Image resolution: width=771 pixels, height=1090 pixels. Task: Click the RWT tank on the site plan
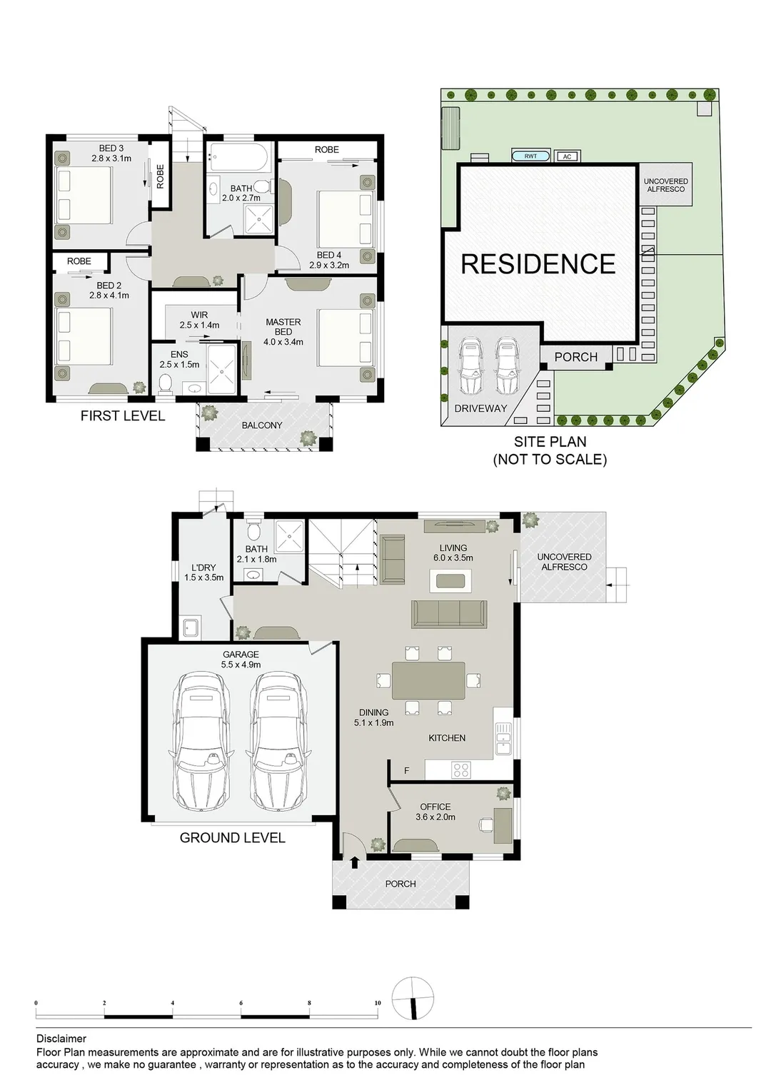pyautogui.click(x=530, y=156)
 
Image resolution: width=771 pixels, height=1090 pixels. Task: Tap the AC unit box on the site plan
pyautogui.click(x=567, y=156)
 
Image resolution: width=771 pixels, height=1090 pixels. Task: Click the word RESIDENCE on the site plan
pyautogui.click(x=538, y=264)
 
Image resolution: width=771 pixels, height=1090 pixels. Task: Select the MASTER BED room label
pyautogui.click(x=283, y=327)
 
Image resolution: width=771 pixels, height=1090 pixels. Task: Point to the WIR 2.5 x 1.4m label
pyautogui.click(x=200, y=320)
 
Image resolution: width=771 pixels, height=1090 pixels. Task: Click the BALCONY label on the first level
pyautogui.click(x=262, y=425)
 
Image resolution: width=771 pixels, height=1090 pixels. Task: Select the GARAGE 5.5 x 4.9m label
pyautogui.click(x=241, y=660)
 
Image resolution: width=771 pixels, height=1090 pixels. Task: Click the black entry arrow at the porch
pyautogui.click(x=355, y=862)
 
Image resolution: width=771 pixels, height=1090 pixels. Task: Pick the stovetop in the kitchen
pyautogui.click(x=460, y=769)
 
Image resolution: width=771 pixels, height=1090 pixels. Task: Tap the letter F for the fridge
pyautogui.click(x=407, y=771)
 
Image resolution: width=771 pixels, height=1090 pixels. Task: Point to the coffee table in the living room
pyautogui.click(x=450, y=581)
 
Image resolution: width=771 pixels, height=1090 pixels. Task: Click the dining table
pyautogui.click(x=428, y=680)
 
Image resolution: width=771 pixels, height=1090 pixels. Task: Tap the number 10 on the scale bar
pyautogui.click(x=378, y=1003)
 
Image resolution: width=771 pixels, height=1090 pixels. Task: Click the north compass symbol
pyautogui.click(x=413, y=999)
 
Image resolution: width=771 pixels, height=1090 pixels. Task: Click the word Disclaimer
pyautogui.click(x=61, y=1039)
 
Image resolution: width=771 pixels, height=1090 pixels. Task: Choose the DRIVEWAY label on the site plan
pyautogui.click(x=480, y=409)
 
